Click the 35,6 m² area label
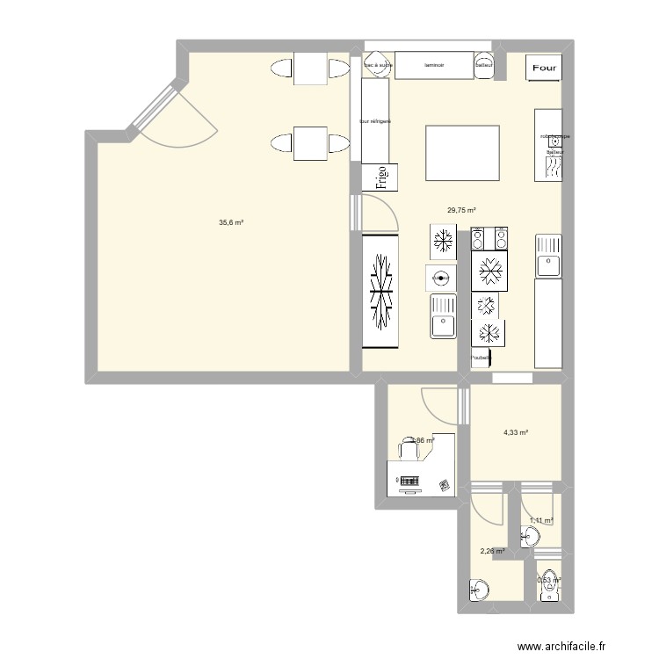click(231, 222)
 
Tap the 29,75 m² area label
click(461, 210)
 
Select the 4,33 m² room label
click(515, 431)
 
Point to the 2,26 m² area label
click(492, 552)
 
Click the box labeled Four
click(543, 67)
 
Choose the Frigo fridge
click(381, 178)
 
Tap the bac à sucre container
click(378, 65)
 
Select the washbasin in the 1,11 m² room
click(532, 535)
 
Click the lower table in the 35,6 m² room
click(309, 144)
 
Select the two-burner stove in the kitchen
click(489, 238)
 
